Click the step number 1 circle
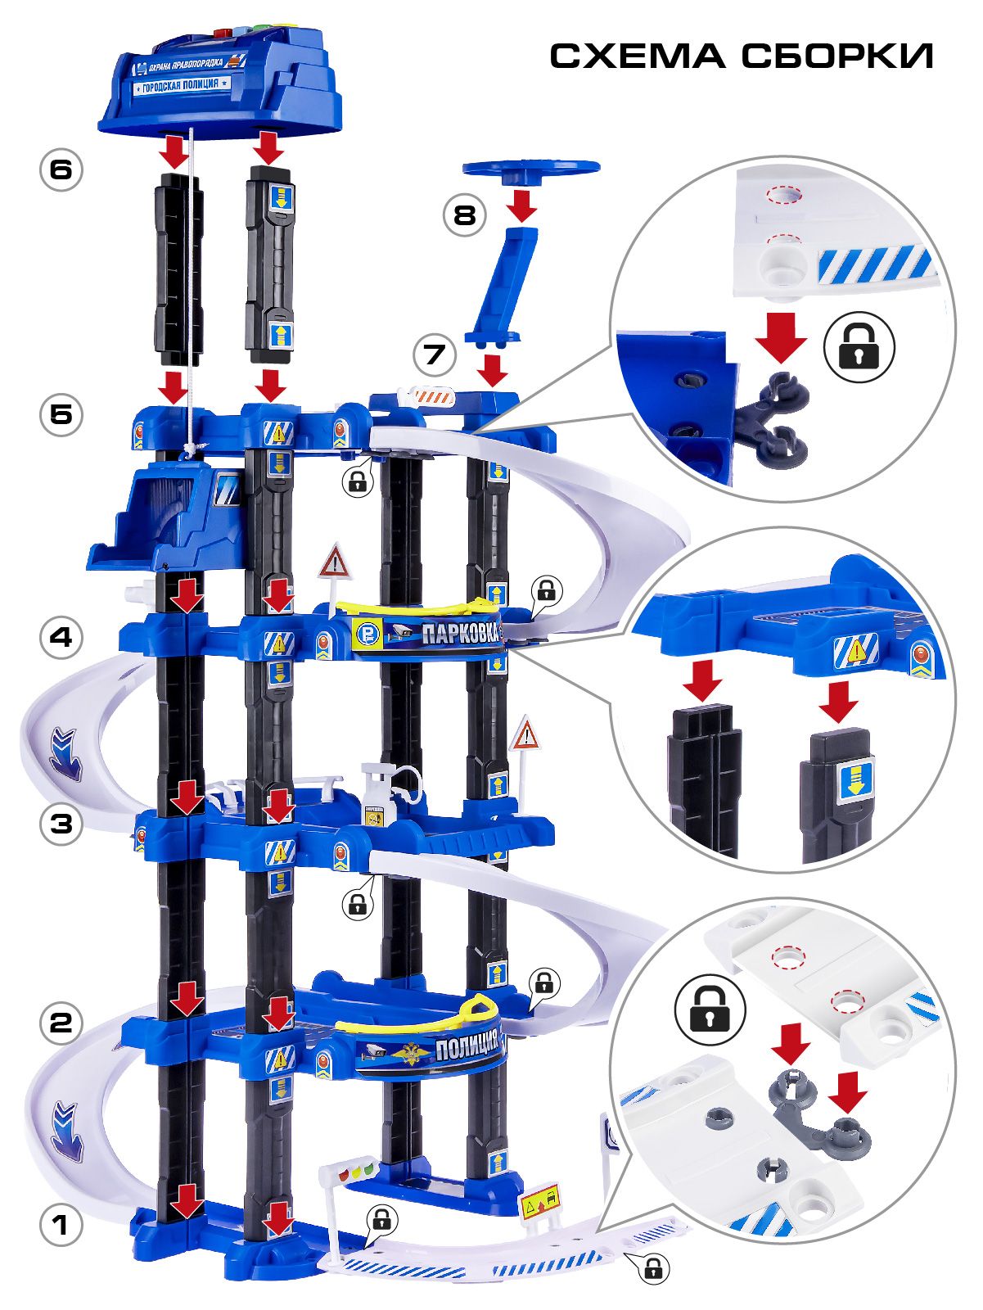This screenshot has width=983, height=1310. [x=61, y=1226]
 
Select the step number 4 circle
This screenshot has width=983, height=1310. [x=61, y=637]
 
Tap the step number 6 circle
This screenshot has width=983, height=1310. [x=61, y=170]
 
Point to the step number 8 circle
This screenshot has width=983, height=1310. [x=465, y=215]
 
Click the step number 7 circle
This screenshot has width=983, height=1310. [x=435, y=355]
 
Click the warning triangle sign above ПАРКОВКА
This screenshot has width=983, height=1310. [x=336, y=563]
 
